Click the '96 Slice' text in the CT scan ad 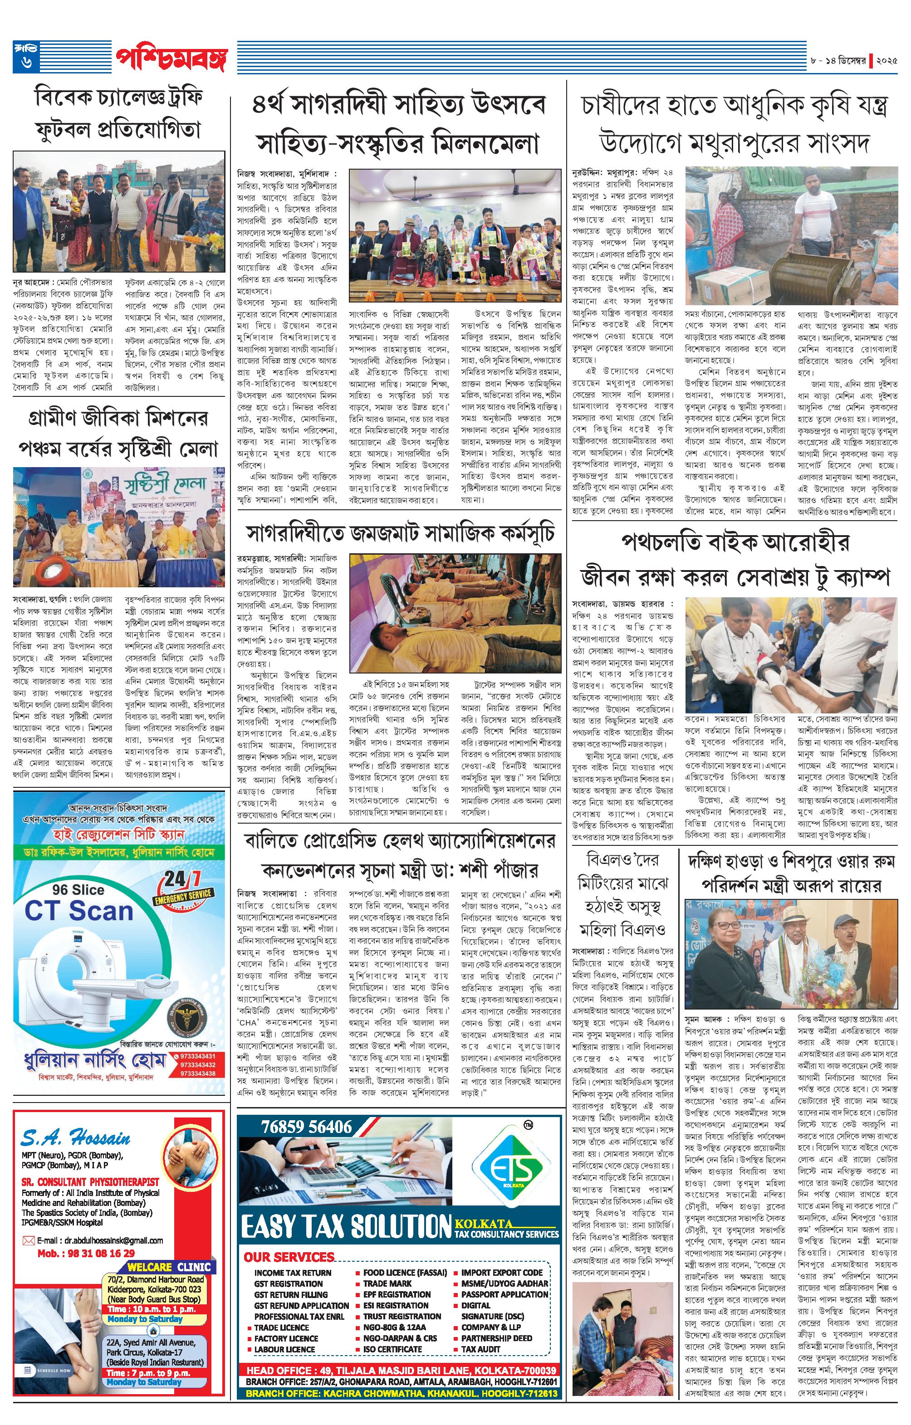pos(78,889)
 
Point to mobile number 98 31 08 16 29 pos(86,1253)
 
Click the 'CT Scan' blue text pos(79,911)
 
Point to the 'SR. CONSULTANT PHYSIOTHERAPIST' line pos(91,1181)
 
